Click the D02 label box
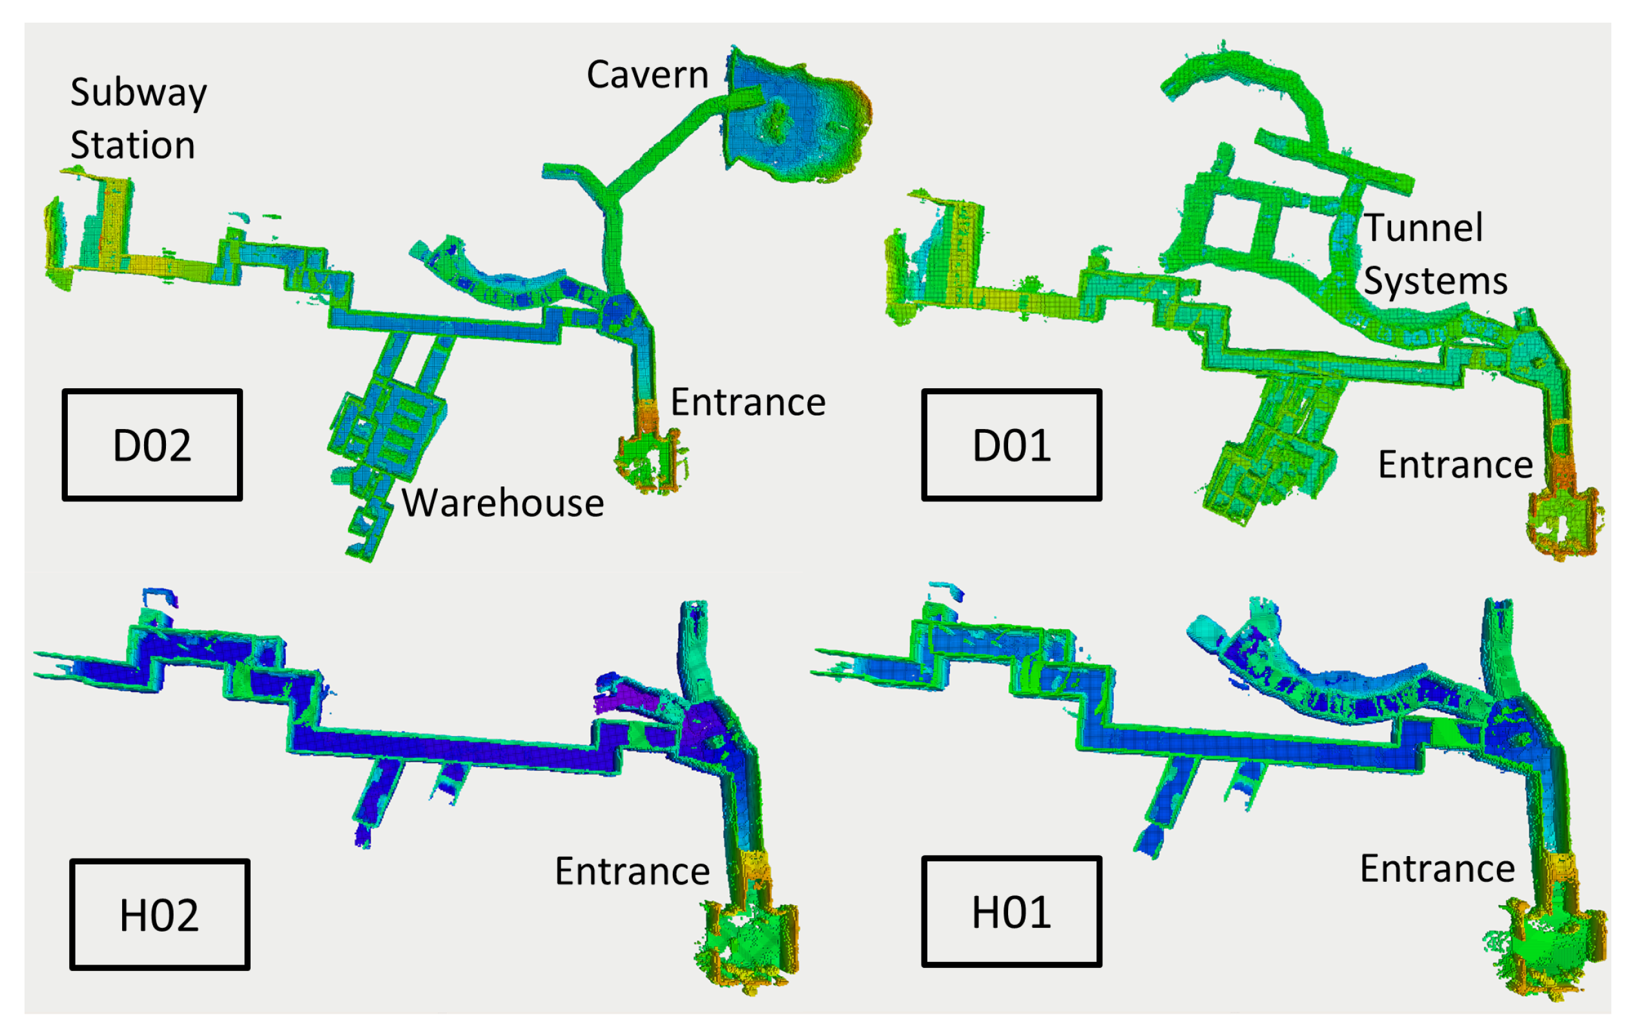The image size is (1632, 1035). pyautogui.click(x=152, y=444)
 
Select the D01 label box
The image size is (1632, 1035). pyautogui.click(x=1011, y=444)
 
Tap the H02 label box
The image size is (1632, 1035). pyautogui.click(x=160, y=914)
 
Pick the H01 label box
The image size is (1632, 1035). pyautogui.click(x=1011, y=912)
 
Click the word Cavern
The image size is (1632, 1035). pyautogui.click(x=647, y=74)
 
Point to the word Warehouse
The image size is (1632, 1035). pyautogui.click(x=502, y=503)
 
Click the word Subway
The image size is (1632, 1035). pyautogui.click(x=138, y=93)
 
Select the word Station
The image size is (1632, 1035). pyautogui.click(x=133, y=145)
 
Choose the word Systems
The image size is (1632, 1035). pyautogui.click(x=1436, y=280)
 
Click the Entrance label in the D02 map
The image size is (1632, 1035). pyautogui.click(x=749, y=402)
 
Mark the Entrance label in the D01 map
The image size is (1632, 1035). pyautogui.click(x=1456, y=465)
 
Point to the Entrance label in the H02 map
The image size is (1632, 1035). pyautogui.click(x=632, y=871)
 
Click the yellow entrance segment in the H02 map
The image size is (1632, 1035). pyautogui.click(x=753, y=868)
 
